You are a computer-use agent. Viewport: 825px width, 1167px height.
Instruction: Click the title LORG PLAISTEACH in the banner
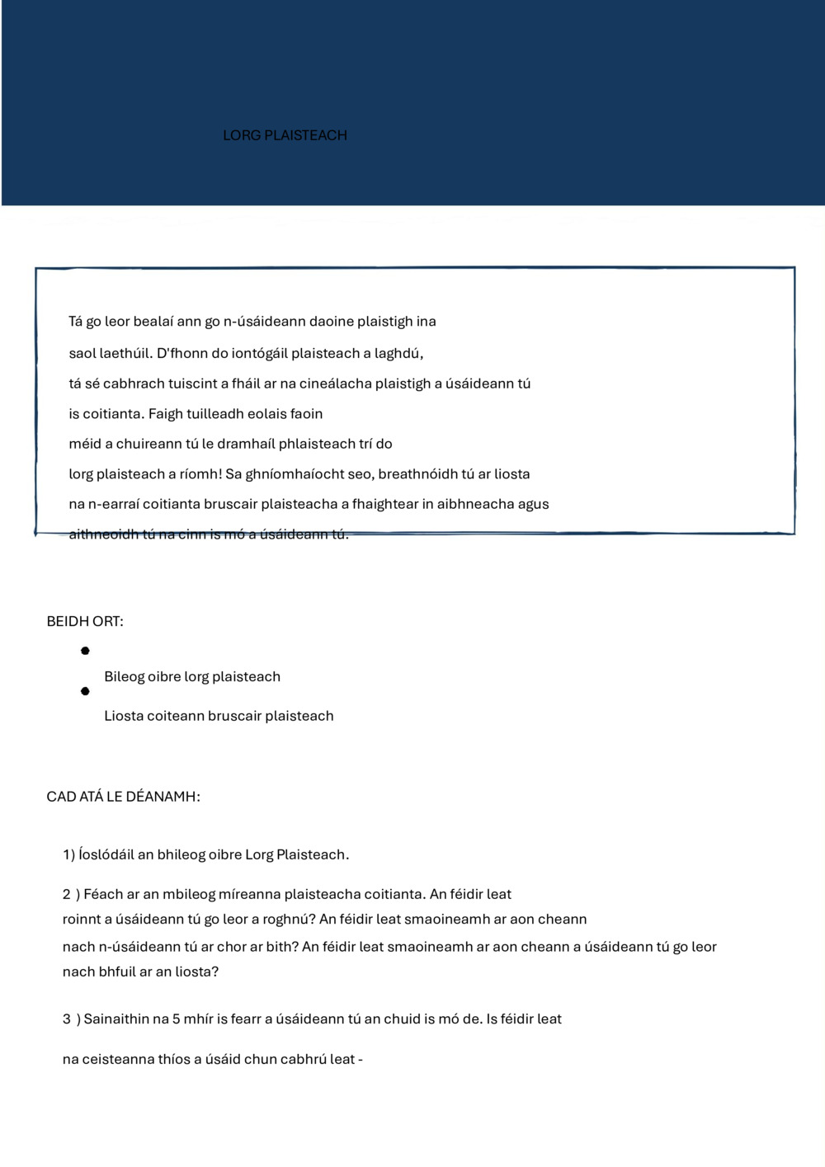coord(285,135)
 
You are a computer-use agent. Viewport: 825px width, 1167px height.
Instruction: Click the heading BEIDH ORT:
coord(85,622)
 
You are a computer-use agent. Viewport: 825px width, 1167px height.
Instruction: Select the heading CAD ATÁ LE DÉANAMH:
coord(123,797)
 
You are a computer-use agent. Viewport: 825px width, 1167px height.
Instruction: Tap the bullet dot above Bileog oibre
coord(85,651)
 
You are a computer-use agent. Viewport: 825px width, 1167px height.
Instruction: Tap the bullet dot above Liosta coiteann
coord(85,691)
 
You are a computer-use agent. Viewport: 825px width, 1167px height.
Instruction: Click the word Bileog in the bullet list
coord(124,677)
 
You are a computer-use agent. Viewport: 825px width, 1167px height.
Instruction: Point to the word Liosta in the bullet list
coord(123,716)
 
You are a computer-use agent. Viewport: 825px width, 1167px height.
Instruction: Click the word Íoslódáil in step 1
coord(106,854)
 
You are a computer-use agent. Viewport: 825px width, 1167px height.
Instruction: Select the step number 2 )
coord(71,894)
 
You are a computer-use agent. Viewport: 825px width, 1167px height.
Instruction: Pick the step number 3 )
coord(71,1019)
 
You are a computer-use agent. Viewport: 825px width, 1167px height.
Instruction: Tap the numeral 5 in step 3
coord(176,1019)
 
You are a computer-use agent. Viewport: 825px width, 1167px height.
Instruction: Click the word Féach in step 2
coord(103,894)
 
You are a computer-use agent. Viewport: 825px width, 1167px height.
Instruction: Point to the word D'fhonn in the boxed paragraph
coord(181,354)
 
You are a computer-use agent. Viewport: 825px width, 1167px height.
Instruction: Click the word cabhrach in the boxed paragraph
coord(134,384)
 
